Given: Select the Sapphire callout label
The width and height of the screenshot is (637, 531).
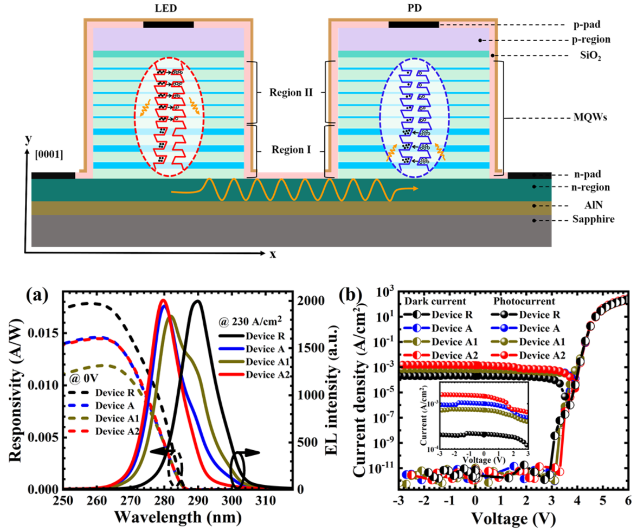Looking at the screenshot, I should (590, 221).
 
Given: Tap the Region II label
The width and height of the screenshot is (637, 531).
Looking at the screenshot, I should (289, 92).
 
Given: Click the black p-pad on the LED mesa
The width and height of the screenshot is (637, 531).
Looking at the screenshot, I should (168, 25).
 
